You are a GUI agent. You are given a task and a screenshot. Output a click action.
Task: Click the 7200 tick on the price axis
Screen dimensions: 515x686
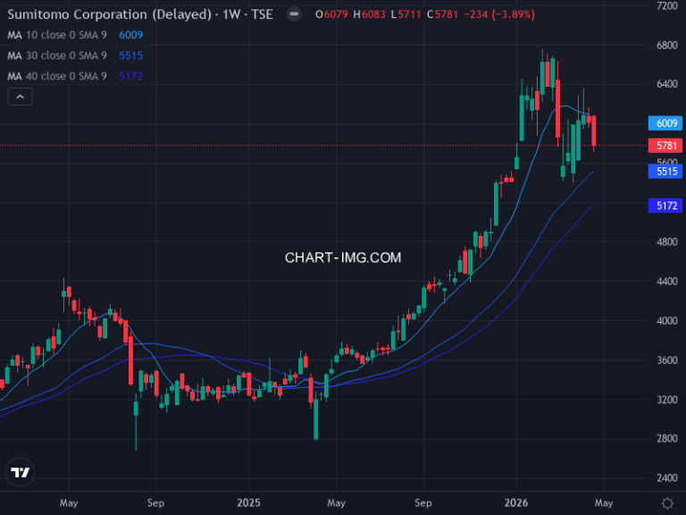(x=666, y=5)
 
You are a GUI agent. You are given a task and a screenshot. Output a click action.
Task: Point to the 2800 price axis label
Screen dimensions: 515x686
(x=666, y=438)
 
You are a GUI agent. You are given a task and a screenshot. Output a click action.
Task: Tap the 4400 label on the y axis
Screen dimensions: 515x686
(x=666, y=281)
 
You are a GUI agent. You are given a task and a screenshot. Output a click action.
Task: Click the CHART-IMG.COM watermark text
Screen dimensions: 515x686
(x=343, y=257)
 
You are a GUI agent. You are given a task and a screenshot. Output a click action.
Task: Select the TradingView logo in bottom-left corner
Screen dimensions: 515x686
(x=20, y=472)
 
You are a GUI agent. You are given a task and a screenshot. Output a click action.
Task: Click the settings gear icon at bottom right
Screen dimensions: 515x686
(x=667, y=502)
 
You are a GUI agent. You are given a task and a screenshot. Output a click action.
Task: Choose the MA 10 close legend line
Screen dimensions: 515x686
(x=63, y=35)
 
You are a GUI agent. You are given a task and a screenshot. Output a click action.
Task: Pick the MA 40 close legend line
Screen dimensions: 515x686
(x=63, y=76)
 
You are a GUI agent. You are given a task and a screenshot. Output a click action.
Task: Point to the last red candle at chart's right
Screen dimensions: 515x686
(x=594, y=131)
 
